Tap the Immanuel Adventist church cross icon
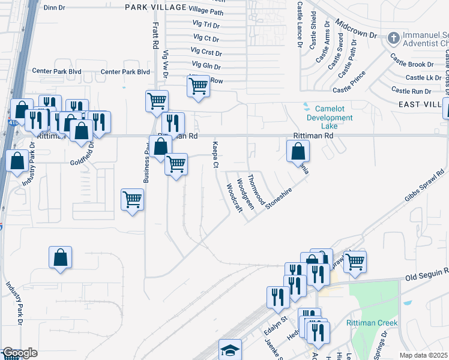pyautogui.click(x=393, y=38)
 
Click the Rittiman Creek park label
pyautogui.click(x=372, y=323)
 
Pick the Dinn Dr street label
pyautogui.click(x=54, y=8)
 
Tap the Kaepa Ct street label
pyautogui.click(x=215, y=154)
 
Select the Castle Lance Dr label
pyautogui.click(x=299, y=24)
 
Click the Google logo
pyautogui.click(x=20, y=353)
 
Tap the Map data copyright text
pyautogui.click(x=424, y=355)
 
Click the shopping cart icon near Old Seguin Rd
pyautogui.click(x=355, y=260)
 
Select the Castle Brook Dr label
pyautogui.click(x=412, y=64)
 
